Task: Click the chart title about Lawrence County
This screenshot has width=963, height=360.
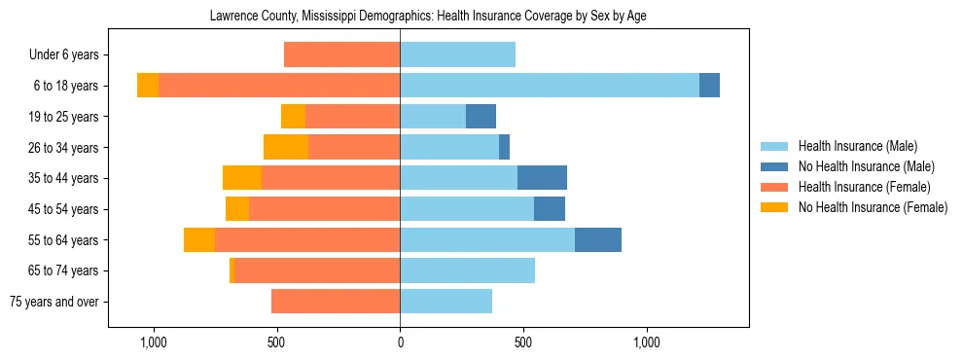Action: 428,16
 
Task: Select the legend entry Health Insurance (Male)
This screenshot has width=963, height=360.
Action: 857,146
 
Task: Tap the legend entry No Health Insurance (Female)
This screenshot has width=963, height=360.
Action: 873,207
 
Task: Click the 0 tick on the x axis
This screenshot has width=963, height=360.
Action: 400,342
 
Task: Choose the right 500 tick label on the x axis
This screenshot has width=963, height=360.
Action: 523,342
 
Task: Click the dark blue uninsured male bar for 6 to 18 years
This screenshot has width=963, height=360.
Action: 709,86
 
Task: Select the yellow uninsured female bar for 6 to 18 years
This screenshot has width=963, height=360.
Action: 148,86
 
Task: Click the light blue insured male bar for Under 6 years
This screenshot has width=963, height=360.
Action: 457,54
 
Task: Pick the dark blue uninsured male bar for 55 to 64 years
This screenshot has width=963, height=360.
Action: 598,239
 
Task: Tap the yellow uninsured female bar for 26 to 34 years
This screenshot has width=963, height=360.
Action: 286,147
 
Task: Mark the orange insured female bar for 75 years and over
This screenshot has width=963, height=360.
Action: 336,302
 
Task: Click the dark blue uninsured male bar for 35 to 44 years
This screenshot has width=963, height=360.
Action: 542,178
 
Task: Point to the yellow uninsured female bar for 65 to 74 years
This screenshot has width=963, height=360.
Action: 232,270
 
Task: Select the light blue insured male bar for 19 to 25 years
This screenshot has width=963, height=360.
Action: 433,117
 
